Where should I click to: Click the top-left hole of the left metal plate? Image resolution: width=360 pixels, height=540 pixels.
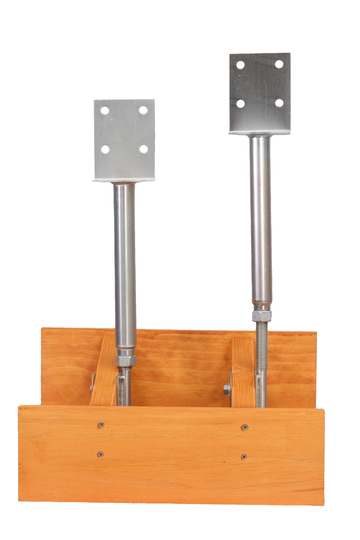[x=104, y=110]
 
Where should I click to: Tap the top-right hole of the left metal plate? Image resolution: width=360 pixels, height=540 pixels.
[x=143, y=109]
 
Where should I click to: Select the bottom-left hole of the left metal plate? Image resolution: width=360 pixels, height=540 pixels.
[x=105, y=149]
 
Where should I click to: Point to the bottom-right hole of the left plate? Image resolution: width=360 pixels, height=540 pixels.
[x=144, y=148]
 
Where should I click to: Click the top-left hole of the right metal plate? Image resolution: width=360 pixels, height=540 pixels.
[x=240, y=65]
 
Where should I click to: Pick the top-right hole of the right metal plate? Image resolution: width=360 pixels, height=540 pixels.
[x=279, y=64]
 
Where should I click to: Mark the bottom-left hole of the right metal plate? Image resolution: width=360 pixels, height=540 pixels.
[x=241, y=103]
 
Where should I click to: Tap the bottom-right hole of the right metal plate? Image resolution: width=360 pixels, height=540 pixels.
[x=279, y=103]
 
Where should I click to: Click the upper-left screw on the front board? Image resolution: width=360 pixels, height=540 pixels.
[x=101, y=425]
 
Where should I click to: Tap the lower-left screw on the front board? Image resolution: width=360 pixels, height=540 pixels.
[x=100, y=454]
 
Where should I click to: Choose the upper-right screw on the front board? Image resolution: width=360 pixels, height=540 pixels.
[x=244, y=427]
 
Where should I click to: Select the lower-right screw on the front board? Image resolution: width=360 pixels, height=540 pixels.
[x=244, y=457]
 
